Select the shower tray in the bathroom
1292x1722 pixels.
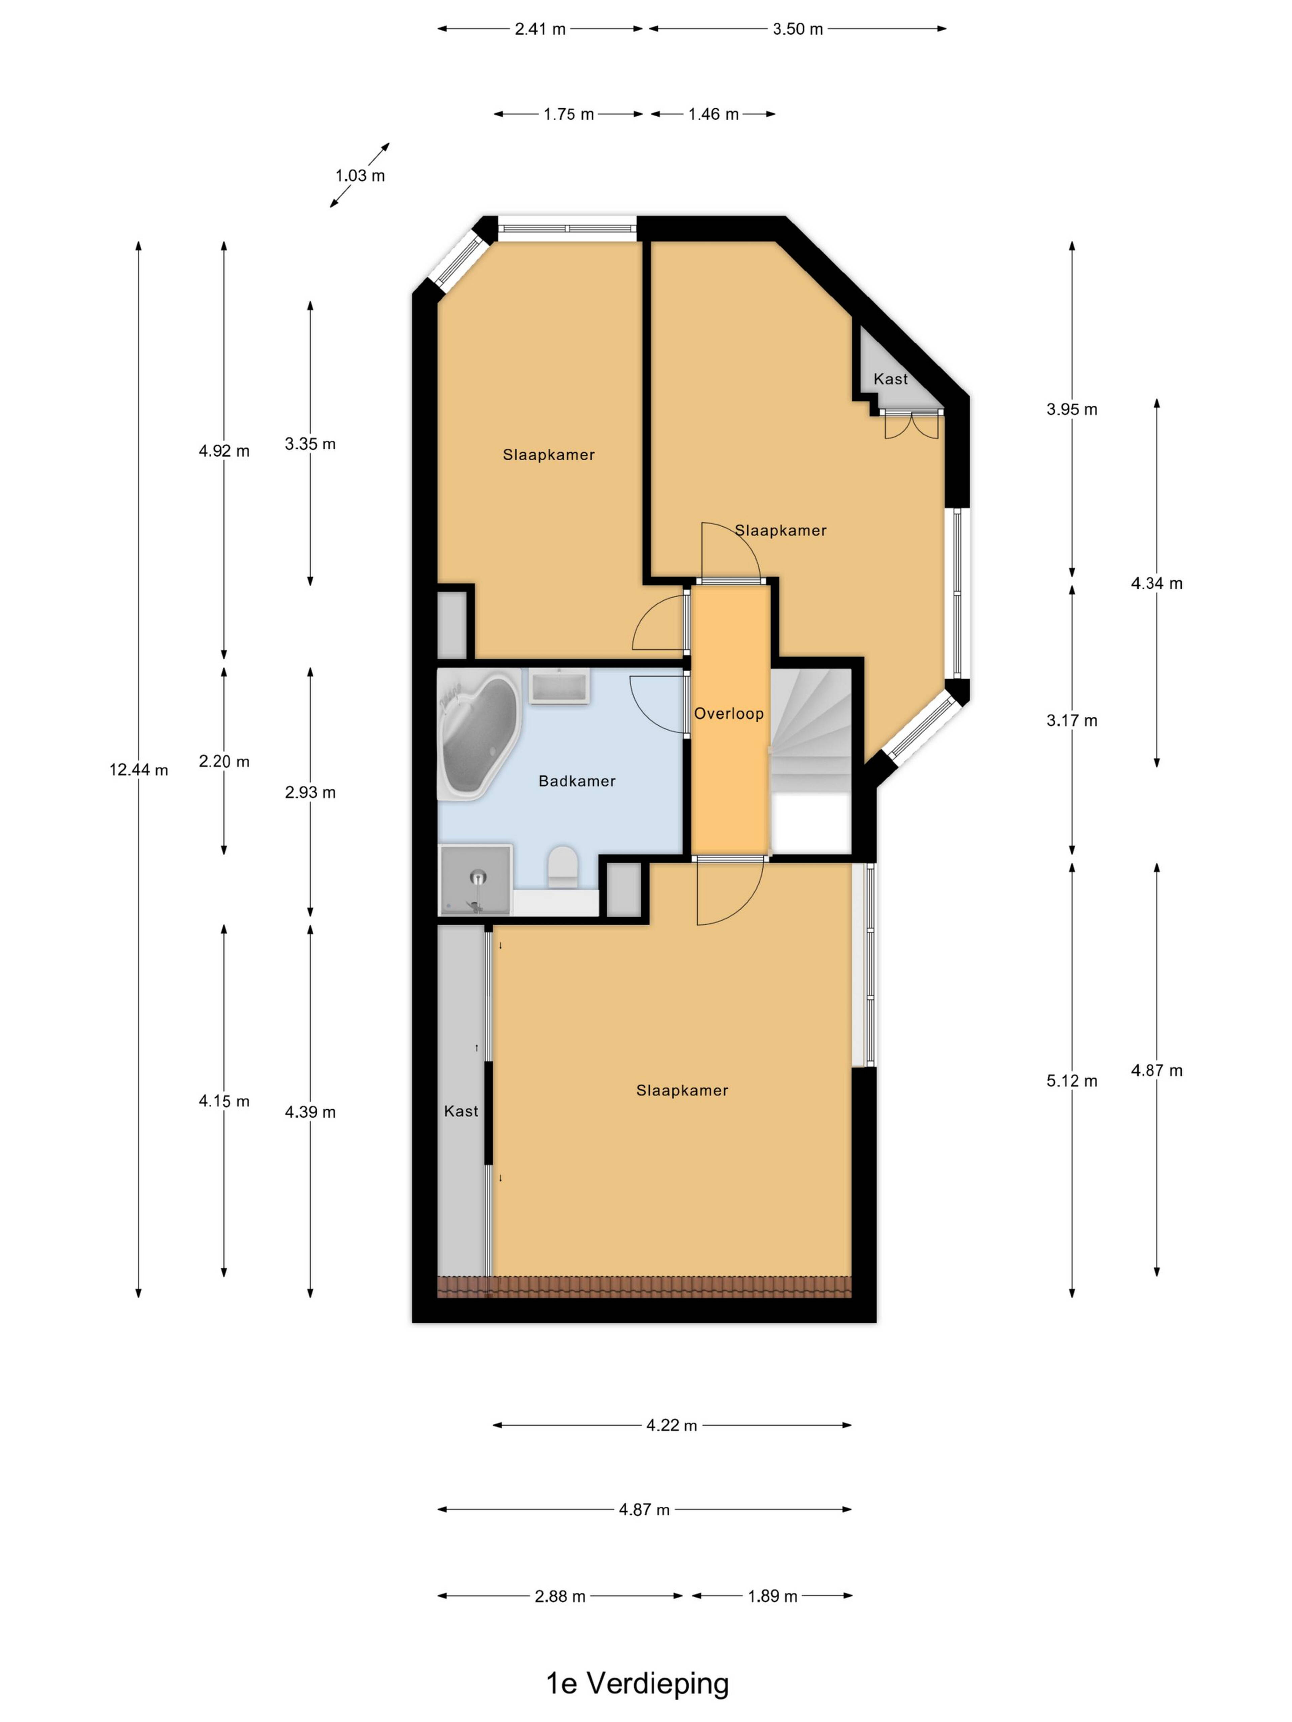pos(476,880)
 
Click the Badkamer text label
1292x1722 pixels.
pos(577,781)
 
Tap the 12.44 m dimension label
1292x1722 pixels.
pos(139,770)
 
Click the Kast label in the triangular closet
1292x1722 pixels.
pos(890,379)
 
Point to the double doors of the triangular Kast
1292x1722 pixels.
pos(911,424)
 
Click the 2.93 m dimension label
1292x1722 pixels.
pos(310,792)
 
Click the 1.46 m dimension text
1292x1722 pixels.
pos(713,114)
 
